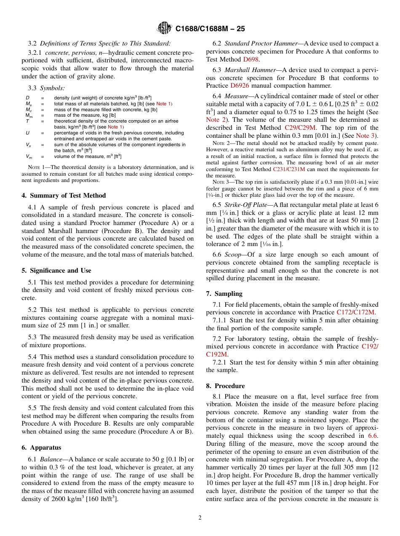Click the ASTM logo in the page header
click(164, 28)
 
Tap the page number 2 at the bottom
click(200, 518)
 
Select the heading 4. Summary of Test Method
click(64, 196)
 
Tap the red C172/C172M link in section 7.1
click(356, 312)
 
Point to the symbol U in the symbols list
click(27, 133)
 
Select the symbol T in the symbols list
click(27, 121)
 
